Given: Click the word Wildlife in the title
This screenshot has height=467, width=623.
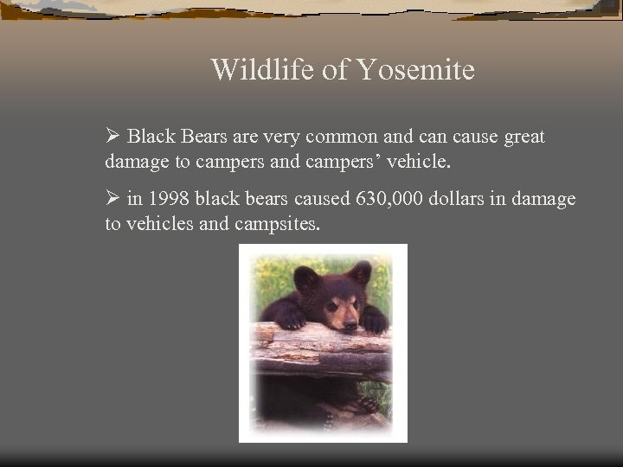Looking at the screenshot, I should pyautogui.click(x=262, y=69).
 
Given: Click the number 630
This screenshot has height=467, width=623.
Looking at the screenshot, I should pyautogui.click(x=371, y=199).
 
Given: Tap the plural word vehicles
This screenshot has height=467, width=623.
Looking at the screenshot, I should pyautogui.click(x=162, y=224).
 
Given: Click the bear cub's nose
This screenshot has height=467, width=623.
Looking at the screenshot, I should pyautogui.click(x=350, y=324).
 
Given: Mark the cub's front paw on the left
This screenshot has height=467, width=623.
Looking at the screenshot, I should pyautogui.click(x=290, y=318).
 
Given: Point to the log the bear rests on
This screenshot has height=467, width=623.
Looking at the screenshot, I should pyautogui.click(x=320, y=348).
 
